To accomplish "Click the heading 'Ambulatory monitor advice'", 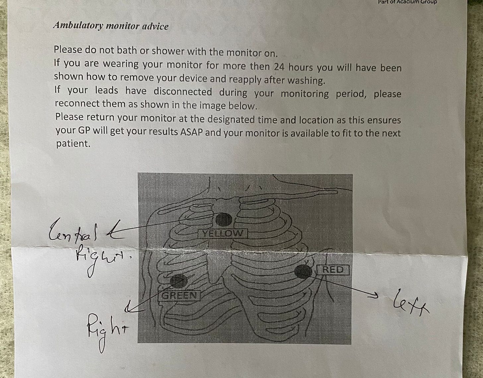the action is pos(110,26).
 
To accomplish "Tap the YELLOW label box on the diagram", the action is pos(223,233).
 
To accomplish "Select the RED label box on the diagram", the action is pos(332,269).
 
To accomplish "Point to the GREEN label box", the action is pos(179,295).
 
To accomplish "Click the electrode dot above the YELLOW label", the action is pos(224,219).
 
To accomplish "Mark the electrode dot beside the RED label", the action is pos(303,271).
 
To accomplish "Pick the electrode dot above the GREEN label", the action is pos(179,281).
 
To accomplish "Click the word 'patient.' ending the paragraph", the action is pos(73,144).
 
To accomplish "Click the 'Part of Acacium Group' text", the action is pos(407,2).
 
